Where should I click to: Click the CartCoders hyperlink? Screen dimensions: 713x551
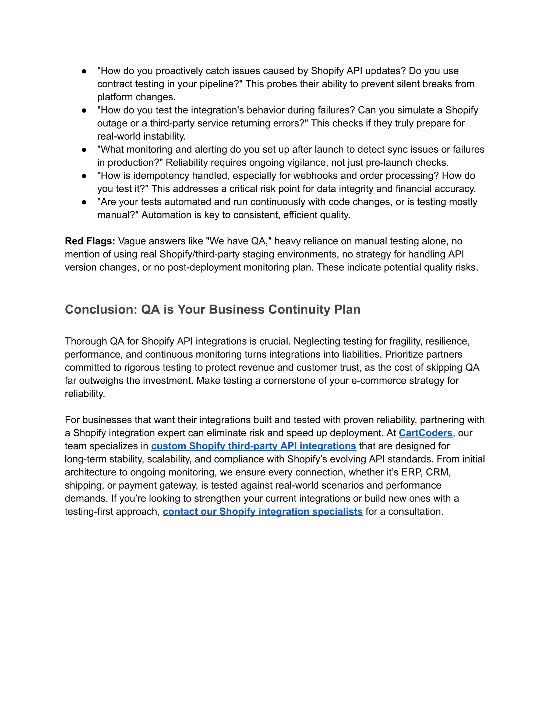(425, 433)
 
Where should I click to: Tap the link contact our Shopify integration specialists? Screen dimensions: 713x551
(262, 511)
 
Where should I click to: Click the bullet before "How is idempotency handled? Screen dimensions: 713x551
(84, 176)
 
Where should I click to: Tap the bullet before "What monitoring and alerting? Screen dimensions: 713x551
(84, 150)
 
